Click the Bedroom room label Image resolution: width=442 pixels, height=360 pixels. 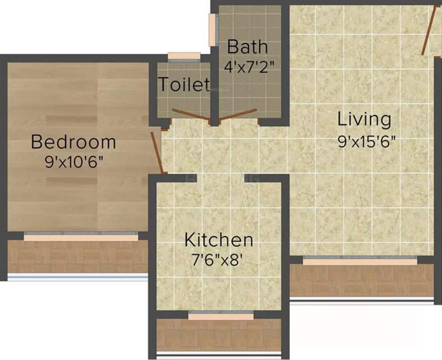pos(73,142)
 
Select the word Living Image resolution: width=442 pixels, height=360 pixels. pos(364,120)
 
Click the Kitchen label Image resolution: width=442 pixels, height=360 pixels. pos(219,240)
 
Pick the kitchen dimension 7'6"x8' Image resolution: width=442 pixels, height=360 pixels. pos(219,259)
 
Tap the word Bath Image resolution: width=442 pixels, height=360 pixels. pos(247,47)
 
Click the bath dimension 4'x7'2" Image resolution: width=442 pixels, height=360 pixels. pos(249,66)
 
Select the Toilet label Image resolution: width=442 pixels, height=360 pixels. pos(183,85)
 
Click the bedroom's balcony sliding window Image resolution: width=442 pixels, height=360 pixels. pos(81,237)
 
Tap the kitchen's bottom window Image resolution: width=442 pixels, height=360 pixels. pos(221,316)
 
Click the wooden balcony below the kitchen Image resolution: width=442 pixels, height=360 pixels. pos(219,335)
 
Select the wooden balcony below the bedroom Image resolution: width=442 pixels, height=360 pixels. pos(77,257)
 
